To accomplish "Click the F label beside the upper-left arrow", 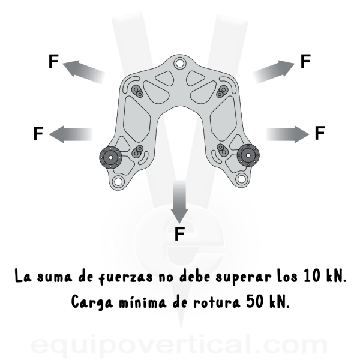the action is [x=53, y=61].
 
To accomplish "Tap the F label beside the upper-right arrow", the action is [x=305, y=61].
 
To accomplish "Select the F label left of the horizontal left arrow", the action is [x=38, y=133].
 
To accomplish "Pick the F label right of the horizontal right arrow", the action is [x=320, y=133].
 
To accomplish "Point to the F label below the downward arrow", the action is [x=179, y=234].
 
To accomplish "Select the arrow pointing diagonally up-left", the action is [x=84, y=71].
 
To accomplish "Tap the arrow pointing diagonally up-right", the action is [x=274, y=71].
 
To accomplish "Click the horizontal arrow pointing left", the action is [x=71, y=134].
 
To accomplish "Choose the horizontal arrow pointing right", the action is [x=287, y=134].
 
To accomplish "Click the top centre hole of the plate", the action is [x=179, y=62].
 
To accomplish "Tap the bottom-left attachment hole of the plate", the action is [x=118, y=181].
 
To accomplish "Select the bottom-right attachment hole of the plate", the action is [x=241, y=179].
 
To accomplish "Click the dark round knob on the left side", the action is [x=110, y=157].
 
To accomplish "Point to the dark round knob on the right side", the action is [x=248, y=155].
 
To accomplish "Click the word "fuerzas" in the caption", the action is [x=125, y=277].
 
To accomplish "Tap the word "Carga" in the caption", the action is [x=92, y=302].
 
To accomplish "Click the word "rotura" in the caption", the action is [x=217, y=302].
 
